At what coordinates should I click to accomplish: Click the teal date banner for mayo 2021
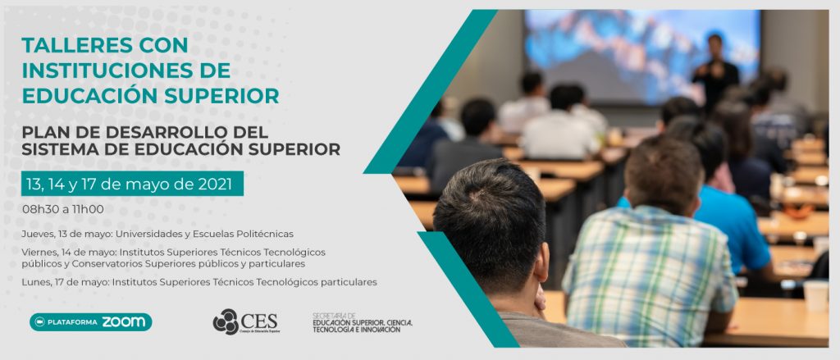132,184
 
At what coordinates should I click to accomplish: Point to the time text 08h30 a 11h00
63,209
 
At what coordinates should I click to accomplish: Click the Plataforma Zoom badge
90,322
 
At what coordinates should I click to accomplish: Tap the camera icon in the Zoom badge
39,322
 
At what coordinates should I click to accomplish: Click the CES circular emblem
226,321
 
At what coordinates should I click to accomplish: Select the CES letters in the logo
259,321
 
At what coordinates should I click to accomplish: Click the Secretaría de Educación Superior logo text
362,323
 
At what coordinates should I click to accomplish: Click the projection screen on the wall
641,57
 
